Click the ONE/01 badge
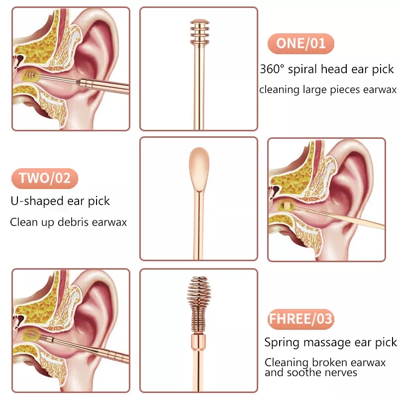tap(301, 43)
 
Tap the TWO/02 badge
tap(45, 178)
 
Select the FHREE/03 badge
tap(301, 319)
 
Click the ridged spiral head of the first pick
tap(200, 32)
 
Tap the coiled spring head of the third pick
tap(199, 304)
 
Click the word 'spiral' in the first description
tap(302, 70)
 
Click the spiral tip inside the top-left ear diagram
tap(29, 76)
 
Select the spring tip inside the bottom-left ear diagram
tap(31, 335)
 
